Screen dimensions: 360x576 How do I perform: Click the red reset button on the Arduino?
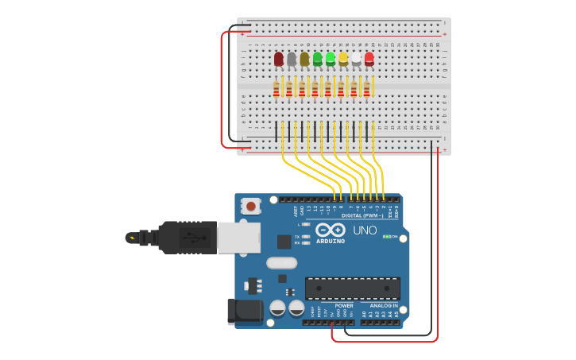click(251, 207)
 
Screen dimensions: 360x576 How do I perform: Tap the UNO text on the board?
click(365, 230)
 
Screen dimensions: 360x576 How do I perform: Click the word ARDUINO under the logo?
click(331, 241)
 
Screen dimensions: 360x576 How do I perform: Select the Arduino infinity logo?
click(330, 230)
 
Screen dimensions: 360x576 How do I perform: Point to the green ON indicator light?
click(386, 236)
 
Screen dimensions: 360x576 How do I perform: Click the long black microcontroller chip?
click(353, 288)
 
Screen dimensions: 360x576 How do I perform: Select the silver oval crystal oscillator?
click(281, 262)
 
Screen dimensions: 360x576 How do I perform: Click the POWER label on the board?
click(344, 305)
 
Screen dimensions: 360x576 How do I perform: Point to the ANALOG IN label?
click(384, 305)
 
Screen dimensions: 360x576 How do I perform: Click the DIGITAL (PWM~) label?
click(362, 215)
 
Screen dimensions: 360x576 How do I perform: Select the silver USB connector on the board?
click(238, 237)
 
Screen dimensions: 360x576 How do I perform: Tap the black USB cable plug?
click(187, 237)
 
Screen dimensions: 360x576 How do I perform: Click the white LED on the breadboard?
click(356, 59)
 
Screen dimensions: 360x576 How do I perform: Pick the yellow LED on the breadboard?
click(343, 58)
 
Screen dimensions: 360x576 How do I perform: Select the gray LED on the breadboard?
click(292, 59)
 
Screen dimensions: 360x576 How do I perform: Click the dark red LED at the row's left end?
click(279, 59)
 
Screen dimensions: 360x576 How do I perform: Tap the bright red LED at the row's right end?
click(369, 58)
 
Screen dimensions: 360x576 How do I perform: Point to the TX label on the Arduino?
click(297, 237)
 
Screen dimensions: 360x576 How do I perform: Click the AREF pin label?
click(296, 211)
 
